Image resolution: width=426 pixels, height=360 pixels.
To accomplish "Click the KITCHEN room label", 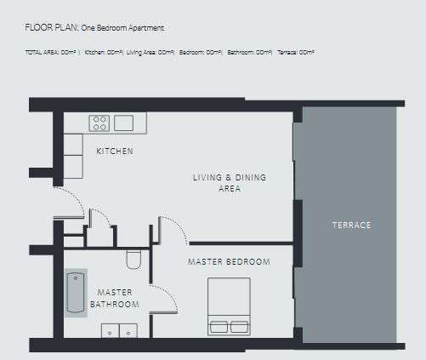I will coord(114,151).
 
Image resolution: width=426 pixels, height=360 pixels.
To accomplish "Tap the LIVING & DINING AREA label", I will coord(230,183).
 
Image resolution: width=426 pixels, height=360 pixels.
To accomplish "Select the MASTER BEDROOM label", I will coord(229,261).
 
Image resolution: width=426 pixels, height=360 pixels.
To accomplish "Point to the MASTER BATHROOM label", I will coord(116,298).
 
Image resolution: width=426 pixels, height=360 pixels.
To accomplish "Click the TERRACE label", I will coord(350,225).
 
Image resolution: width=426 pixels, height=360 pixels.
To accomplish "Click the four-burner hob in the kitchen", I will coord(99,123).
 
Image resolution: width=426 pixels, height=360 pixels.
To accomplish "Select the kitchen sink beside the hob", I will coord(124,123).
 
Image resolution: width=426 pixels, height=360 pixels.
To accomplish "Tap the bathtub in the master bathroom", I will coord(76,294).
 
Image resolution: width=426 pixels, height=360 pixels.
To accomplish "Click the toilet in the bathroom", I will coord(133,259).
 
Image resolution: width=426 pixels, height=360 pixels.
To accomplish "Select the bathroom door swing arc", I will coord(164,298).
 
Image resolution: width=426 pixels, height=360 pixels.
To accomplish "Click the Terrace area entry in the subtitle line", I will coord(295,53).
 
